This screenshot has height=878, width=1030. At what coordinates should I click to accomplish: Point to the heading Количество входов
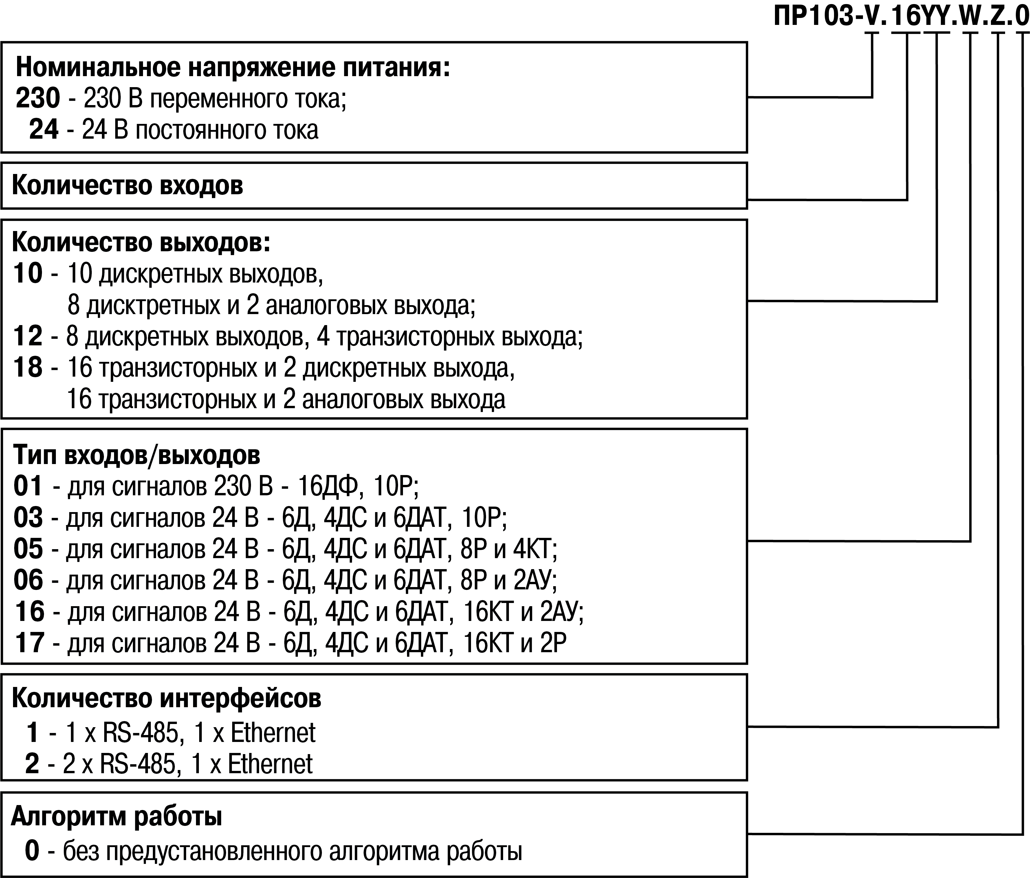click(127, 186)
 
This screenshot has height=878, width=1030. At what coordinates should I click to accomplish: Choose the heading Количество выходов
click(141, 243)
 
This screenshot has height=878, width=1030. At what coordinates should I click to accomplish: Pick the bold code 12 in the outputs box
click(28, 336)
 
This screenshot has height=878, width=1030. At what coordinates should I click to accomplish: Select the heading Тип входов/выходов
click(136, 454)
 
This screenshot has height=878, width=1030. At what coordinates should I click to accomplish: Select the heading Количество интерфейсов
click(166, 699)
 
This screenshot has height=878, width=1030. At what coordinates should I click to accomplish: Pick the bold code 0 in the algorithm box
click(32, 851)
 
